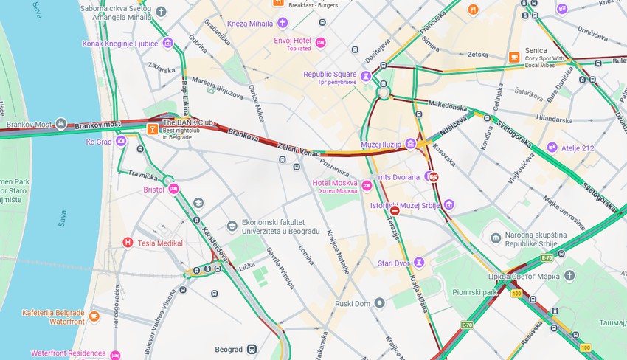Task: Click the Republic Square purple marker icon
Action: (x=366, y=75)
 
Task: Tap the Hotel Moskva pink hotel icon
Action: (x=367, y=184)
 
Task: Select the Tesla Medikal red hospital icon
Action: (x=128, y=243)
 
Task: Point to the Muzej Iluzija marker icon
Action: (x=410, y=144)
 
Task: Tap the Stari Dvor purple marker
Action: (x=419, y=263)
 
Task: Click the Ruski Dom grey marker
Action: (x=379, y=302)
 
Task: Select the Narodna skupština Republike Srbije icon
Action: (x=496, y=237)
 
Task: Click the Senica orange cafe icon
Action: (x=513, y=57)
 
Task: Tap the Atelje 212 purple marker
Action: (x=552, y=148)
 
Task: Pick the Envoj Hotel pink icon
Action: (x=320, y=43)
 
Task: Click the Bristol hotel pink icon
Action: (x=174, y=190)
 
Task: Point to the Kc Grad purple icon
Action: (x=121, y=141)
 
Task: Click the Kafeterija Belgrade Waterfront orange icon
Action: (x=94, y=316)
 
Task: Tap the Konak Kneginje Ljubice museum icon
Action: (x=168, y=44)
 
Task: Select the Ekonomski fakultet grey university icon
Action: (x=232, y=226)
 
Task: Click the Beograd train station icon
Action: (x=252, y=348)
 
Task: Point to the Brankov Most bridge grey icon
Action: (x=61, y=125)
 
